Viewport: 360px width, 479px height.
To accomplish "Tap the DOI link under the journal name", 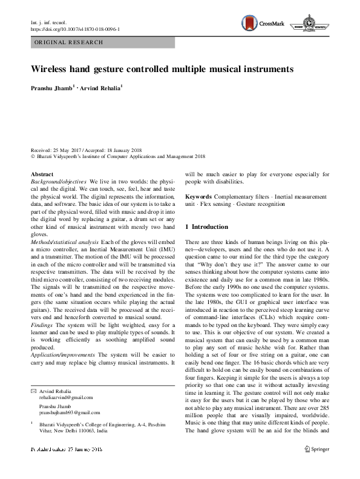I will click(x=74, y=29).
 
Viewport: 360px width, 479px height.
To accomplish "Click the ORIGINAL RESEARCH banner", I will click(x=69, y=42).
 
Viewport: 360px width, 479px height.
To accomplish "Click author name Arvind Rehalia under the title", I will click(x=100, y=88).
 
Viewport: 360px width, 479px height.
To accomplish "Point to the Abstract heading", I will click(x=42, y=174).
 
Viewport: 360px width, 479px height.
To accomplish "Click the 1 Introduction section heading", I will click(x=207, y=227).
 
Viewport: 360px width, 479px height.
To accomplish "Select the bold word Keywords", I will click(x=198, y=197).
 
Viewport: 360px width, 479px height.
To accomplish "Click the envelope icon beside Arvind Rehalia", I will click(x=33, y=391).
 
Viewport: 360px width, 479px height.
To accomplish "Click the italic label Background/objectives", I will click(x=58, y=182).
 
